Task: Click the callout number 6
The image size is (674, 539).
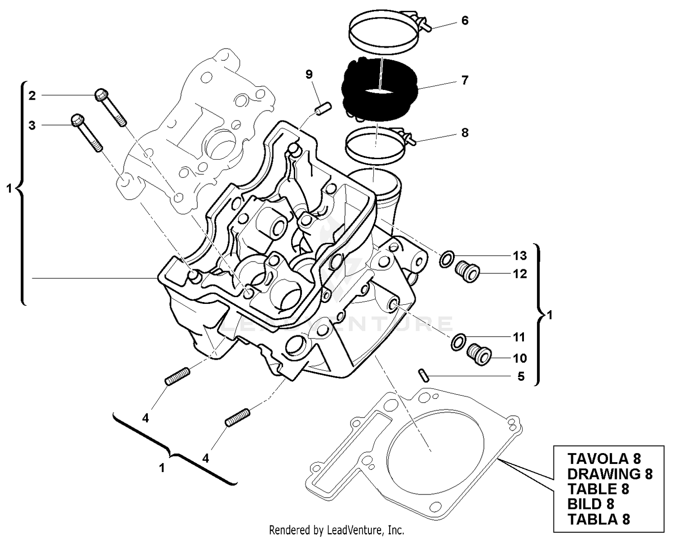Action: [465, 21]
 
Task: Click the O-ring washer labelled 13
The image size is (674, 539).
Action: [446, 260]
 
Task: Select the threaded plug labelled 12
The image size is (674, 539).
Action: [468, 272]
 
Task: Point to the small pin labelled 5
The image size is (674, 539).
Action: [424, 374]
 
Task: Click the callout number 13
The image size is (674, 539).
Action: [520, 256]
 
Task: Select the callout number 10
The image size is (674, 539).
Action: [520, 358]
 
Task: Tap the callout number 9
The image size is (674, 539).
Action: [309, 74]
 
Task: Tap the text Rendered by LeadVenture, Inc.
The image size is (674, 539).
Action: [337, 530]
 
